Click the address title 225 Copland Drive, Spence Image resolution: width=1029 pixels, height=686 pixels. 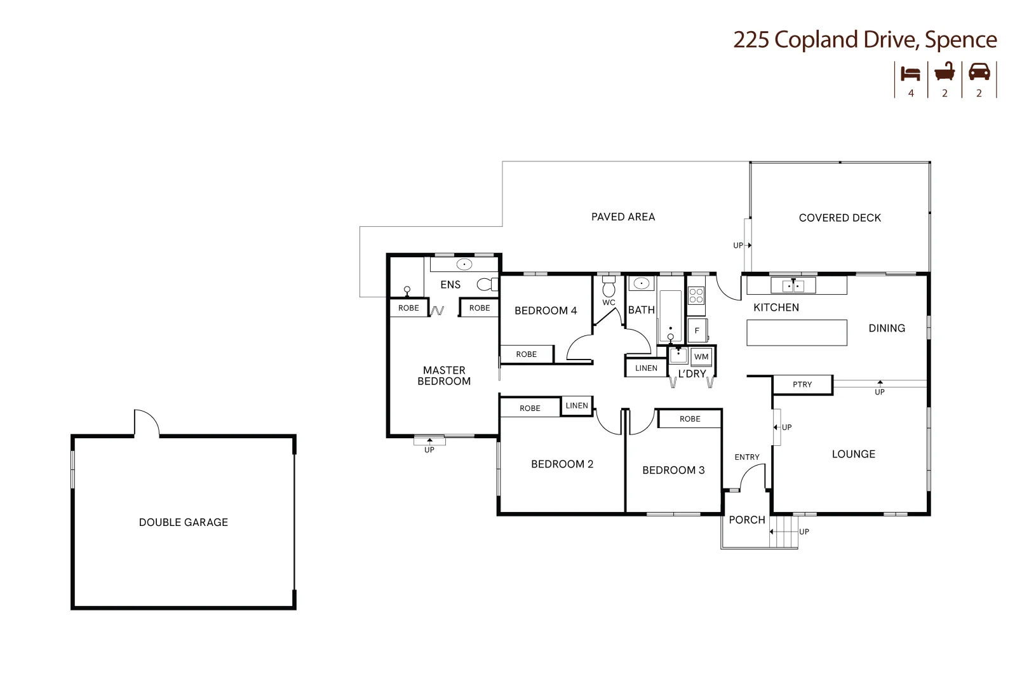864,39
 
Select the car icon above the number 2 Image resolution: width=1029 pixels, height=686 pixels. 979,72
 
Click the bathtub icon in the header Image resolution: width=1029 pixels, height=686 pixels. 945,72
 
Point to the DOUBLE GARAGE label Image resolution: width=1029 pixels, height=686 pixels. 183,522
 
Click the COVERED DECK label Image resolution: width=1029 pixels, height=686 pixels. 840,218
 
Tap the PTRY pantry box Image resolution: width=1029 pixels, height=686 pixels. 802,384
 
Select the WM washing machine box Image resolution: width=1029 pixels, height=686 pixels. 701,356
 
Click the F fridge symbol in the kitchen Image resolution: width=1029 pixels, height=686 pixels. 697,330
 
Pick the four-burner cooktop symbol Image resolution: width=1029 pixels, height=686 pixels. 696,295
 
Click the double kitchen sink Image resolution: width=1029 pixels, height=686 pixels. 793,286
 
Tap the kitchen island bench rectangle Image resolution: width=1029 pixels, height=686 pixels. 797,333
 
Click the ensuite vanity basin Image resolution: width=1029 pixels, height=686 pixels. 464,264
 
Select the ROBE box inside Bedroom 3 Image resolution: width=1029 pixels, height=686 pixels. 690,419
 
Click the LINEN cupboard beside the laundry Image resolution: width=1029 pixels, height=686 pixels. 646,368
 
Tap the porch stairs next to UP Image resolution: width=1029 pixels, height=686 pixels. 784,531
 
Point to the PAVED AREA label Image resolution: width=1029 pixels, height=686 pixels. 622,217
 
